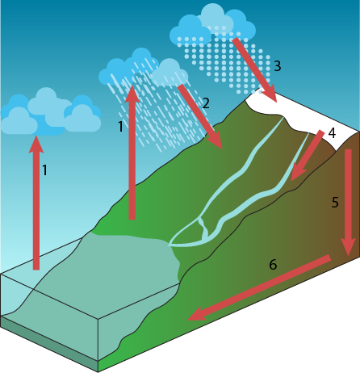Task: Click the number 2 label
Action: click(x=206, y=103)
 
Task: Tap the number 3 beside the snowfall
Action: click(x=278, y=66)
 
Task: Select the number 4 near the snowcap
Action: click(x=332, y=132)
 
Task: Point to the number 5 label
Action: click(x=335, y=203)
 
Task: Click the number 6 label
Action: click(x=273, y=265)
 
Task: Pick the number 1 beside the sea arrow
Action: click(x=45, y=170)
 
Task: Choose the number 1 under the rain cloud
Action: click(x=121, y=127)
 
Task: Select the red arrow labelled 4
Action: click(x=307, y=156)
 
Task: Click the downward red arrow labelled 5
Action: click(x=349, y=202)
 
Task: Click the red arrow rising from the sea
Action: click(x=36, y=203)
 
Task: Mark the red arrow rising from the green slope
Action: click(x=132, y=153)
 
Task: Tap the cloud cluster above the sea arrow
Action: click(x=51, y=111)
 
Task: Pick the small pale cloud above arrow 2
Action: click(x=170, y=73)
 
